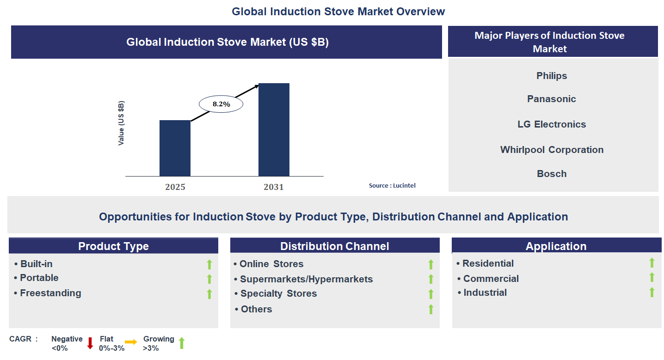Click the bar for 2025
coord(175,148)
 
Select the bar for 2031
coord(274,129)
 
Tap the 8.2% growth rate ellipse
coord(221,104)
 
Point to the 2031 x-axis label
coord(274,187)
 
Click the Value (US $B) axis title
coord(121,123)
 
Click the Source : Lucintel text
coord(392,185)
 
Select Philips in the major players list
coord(552,76)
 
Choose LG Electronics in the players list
coord(552,124)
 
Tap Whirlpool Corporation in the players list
coord(552,150)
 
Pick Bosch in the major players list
coord(552,174)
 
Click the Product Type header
coord(113,246)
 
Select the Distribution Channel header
coord(335,246)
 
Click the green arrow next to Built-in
coord(209,264)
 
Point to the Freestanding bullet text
coord(50,293)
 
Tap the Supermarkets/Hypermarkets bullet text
coord(306,279)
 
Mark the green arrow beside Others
coord(430,309)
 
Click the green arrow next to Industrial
coord(652,292)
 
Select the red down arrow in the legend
coord(90,343)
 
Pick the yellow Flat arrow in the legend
coord(131,342)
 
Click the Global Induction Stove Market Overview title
coord(338,12)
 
